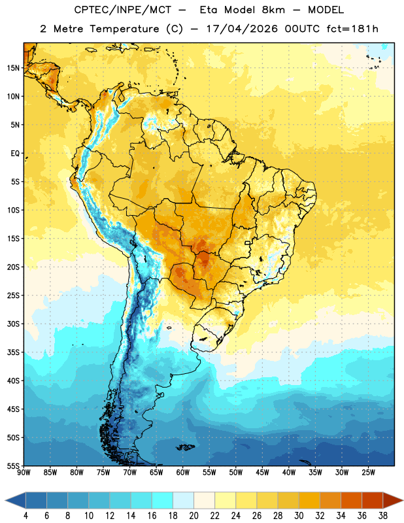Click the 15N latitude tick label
click(13, 68)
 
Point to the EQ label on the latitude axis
click(15, 154)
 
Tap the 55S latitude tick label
click(13, 465)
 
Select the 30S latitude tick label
click(13, 324)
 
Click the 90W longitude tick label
click(24, 472)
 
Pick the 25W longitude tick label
click(368, 472)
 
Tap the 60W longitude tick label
click(183, 472)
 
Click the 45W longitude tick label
click(263, 472)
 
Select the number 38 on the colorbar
click(382, 516)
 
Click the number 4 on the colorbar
click(25, 516)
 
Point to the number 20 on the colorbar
click(194, 516)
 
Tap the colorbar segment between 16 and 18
click(163, 500)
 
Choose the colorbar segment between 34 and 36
click(351, 500)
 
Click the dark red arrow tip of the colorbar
click(401, 500)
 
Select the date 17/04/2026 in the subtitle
click(242, 29)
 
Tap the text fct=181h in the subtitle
click(352, 29)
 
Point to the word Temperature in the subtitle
click(124, 29)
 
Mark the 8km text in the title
click(273, 10)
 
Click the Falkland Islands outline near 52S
click(185, 447)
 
